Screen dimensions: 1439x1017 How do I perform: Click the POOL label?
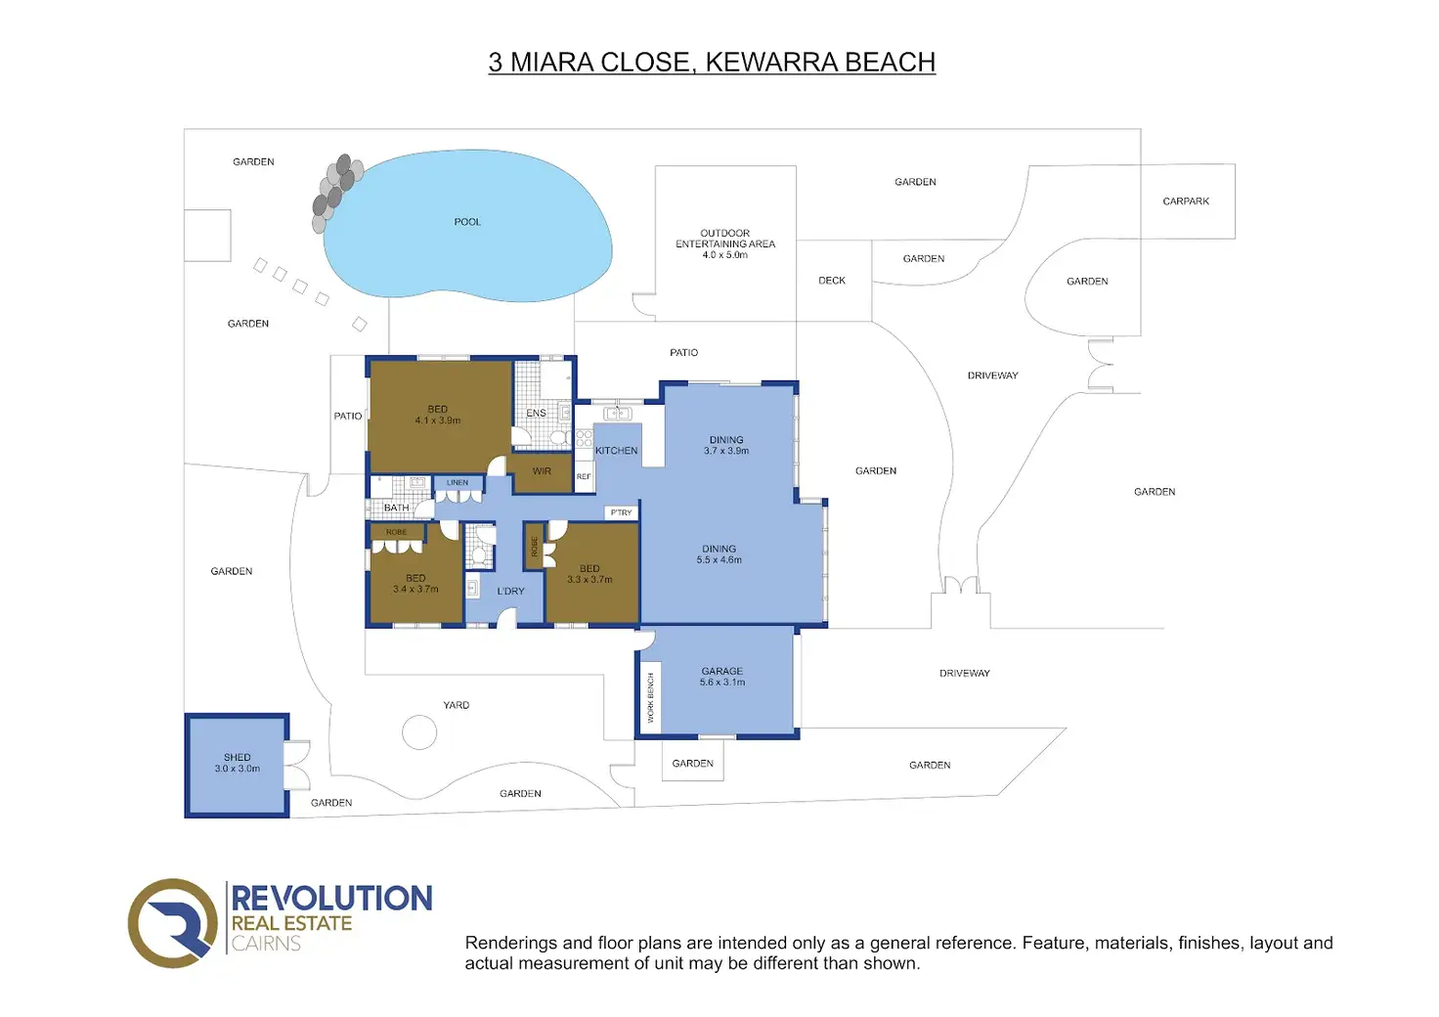(x=467, y=222)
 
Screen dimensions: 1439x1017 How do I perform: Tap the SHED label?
(x=238, y=757)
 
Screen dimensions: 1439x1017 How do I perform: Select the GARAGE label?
(x=722, y=671)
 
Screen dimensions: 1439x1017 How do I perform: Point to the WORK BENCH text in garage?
(x=651, y=697)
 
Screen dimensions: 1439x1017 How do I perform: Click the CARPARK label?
(x=1186, y=201)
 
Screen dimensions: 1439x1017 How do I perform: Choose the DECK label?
(x=832, y=281)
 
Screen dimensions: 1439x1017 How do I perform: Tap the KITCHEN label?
(x=617, y=451)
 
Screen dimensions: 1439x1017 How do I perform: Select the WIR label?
(x=542, y=471)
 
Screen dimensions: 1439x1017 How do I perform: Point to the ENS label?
(x=537, y=414)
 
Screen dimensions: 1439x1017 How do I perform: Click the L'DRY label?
(x=511, y=592)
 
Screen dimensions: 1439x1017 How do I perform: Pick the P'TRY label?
(x=621, y=512)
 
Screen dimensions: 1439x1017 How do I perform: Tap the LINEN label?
(x=458, y=483)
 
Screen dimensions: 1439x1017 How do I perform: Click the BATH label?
(x=397, y=508)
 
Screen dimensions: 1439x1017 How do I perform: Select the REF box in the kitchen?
(x=584, y=477)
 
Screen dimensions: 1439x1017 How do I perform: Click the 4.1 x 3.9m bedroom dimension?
(x=438, y=420)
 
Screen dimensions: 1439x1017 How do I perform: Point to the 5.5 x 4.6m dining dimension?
(x=719, y=560)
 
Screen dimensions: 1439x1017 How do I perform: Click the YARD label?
(x=457, y=705)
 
